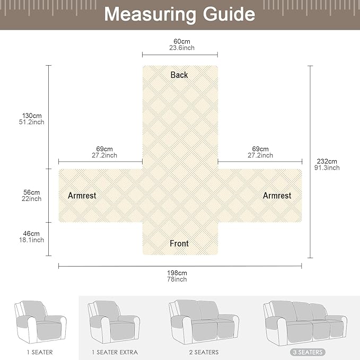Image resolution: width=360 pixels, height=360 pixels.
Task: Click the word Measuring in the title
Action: pyautogui.click(x=150, y=15)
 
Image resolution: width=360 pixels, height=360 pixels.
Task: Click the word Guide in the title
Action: pyautogui.click(x=229, y=14)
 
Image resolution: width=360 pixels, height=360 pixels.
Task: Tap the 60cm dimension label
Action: pyautogui.click(x=182, y=41)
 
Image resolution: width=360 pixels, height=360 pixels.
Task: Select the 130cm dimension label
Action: pyautogui.click(x=32, y=116)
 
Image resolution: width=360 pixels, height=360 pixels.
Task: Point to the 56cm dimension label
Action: pyautogui.click(x=32, y=192)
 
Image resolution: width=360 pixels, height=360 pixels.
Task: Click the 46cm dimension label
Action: pyautogui.click(x=31, y=233)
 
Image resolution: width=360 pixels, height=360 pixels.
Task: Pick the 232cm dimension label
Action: pyautogui.click(x=327, y=161)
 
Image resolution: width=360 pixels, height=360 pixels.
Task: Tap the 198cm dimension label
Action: pyautogui.click(x=177, y=273)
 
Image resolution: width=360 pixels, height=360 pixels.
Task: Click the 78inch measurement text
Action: pyautogui.click(x=177, y=279)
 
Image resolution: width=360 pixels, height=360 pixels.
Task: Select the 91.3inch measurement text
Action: pyautogui.click(x=327, y=168)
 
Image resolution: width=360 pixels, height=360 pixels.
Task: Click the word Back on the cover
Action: pyautogui.click(x=179, y=75)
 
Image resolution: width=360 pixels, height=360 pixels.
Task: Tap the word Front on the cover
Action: pyautogui.click(x=179, y=243)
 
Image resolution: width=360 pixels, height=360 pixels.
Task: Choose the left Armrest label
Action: pyautogui.click(x=82, y=196)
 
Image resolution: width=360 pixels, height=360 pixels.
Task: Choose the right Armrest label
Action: pyautogui.click(x=277, y=196)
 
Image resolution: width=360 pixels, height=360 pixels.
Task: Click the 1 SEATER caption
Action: pyautogui.click(x=40, y=352)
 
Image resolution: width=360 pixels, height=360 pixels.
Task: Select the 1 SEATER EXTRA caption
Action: pyautogui.click(x=115, y=352)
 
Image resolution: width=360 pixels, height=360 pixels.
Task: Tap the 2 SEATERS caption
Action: pyautogui.click(x=204, y=352)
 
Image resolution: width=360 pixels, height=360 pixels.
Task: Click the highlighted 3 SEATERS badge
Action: pyautogui.click(x=308, y=352)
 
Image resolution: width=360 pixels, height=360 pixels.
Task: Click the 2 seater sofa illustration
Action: pyautogui.click(x=204, y=322)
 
